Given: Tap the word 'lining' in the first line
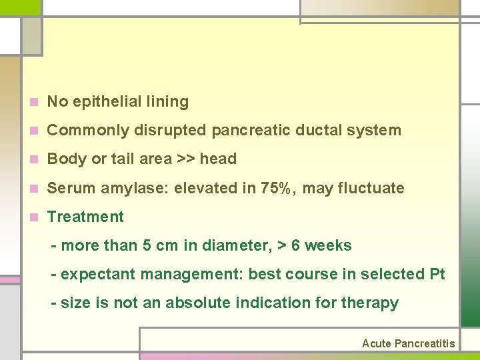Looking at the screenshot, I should point(170,102).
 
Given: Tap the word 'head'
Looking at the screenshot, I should point(218,159).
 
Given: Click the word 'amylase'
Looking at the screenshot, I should point(143,189).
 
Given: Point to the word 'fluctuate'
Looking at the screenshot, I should point(374,189).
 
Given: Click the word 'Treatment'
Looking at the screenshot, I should point(85,217).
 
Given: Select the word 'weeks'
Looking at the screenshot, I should point(329,246).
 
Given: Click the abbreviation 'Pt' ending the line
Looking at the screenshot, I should point(437,275).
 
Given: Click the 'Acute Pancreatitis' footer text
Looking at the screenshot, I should point(408,344).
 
